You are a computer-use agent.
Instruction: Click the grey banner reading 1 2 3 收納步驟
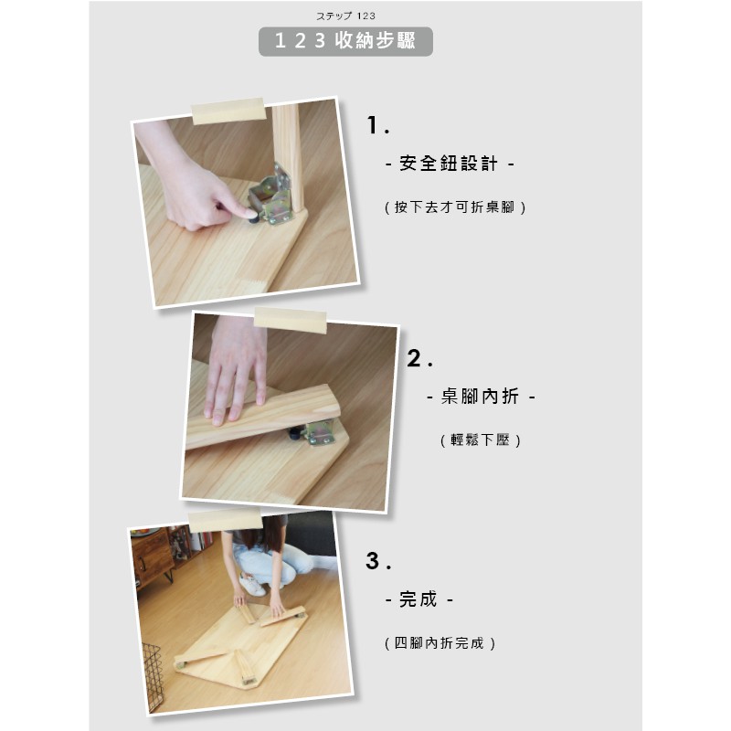(x=345, y=41)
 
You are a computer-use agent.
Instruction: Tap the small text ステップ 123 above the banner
(x=345, y=16)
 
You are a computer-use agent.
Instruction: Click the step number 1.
(x=377, y=125)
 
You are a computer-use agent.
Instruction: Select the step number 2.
(x=419, y=358)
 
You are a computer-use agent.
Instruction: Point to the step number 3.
(x=378, y=560)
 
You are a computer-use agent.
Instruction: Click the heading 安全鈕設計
(x=450, y=164)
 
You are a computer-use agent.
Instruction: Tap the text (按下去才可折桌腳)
(x=455, y=207)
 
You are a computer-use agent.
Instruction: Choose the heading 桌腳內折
(x=481, y=397)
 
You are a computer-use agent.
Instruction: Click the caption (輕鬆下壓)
(x=481, y=440)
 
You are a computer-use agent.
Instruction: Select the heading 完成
(x=418, y=599)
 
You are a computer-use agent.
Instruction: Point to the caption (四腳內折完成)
(x=440, y=643)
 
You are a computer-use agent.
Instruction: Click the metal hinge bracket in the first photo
(x=271, y=196)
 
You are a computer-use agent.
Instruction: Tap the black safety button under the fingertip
(x=253, y=217)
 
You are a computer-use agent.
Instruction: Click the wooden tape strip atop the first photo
(x=228, y=111)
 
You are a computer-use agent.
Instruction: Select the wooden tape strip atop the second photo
(x=290, y=321)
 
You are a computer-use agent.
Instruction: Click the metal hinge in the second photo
(x=319, y=431)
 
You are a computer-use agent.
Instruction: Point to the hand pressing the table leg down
(x=236, y=368)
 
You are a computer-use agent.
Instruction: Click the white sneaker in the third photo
(x=252, y=584)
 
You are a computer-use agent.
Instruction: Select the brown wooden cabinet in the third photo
(x=152, y=558)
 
